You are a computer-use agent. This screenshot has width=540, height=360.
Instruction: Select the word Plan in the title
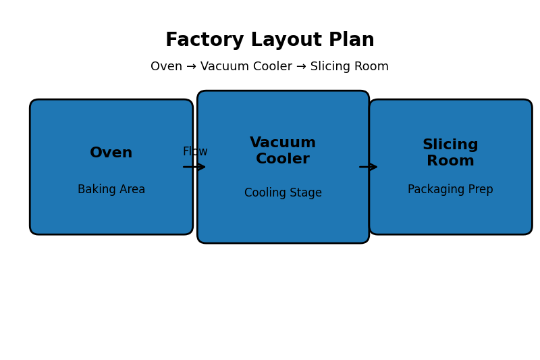[352, 41]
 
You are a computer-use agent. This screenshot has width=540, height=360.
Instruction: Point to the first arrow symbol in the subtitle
[191, 67]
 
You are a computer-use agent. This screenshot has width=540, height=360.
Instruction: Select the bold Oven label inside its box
[111, 153]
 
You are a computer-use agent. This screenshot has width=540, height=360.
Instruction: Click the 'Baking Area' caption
[111, 190]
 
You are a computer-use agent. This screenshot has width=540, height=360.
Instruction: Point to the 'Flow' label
[195, 152]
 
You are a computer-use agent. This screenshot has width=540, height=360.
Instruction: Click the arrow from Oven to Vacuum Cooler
[194, 167]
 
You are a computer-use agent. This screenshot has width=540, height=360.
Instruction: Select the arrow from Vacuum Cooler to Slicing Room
[369, 167]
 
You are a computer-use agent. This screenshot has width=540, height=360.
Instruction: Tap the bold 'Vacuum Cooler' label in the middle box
[283, 151]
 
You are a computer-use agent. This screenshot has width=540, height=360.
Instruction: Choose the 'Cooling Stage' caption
[283, 193]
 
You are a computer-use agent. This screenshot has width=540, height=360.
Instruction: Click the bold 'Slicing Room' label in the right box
[450, 153]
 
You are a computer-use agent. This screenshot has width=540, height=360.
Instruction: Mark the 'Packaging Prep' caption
[450, 190]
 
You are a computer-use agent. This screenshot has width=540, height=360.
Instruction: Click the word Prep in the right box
[480, 190]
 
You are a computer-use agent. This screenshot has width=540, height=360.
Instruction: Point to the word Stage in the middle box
[307, 193]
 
